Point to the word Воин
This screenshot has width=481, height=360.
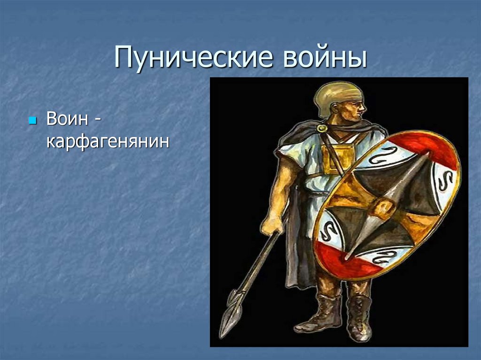pyautogui.click(x=67, y=119)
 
